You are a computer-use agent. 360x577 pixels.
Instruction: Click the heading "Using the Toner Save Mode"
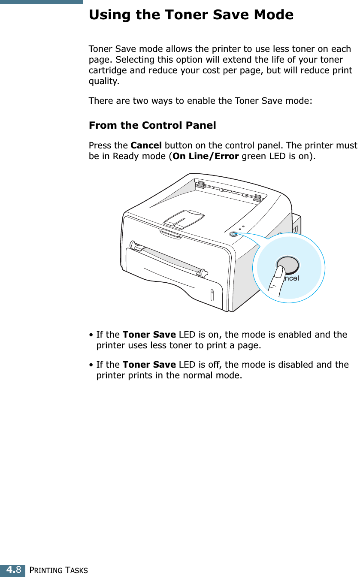tap(191, 15)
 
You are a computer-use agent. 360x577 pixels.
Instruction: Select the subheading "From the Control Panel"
tap(152, 125)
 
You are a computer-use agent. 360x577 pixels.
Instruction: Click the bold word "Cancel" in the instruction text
tap(146, 145)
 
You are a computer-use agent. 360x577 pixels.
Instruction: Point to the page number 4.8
tap(13, 570)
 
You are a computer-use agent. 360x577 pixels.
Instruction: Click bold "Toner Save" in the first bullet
tap(149, 334)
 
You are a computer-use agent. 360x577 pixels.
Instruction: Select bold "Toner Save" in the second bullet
tap(149, 365)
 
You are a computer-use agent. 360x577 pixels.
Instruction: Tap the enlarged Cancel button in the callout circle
tap(287, 265)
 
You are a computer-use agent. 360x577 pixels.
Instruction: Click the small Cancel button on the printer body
tap(233, 234)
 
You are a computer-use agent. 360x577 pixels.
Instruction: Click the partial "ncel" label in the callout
tap(291, 278)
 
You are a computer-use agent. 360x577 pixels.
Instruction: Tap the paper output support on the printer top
tap(183, 218)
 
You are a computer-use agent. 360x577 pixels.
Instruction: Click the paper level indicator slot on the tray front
tap(213, 296)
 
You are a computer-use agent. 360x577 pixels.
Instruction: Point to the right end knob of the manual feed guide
tap(203, 272)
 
